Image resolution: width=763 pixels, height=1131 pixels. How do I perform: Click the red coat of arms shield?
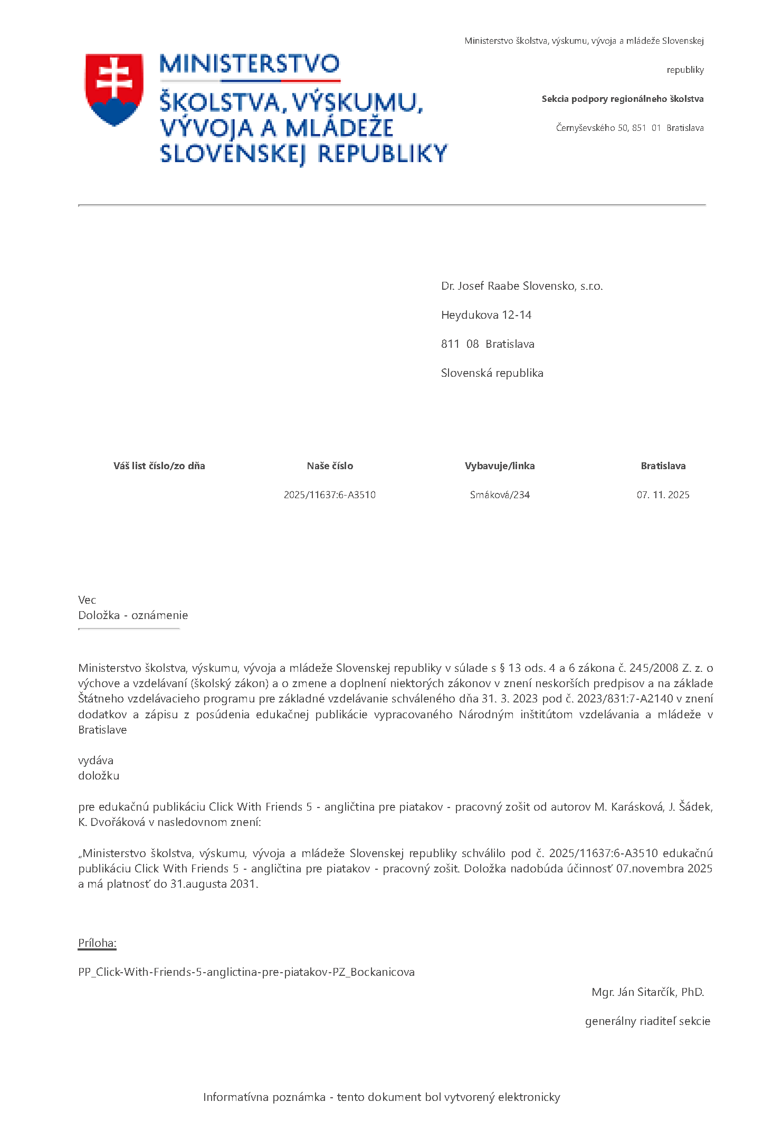(114, 88)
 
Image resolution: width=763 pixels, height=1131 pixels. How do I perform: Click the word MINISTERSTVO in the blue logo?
(249, 64)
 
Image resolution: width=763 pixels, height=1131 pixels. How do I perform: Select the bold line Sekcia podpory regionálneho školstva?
(622, 99)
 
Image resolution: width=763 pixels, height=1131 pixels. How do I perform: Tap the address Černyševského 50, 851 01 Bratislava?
(630, 128)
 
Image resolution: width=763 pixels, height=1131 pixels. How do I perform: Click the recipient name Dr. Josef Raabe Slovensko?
(521, 286)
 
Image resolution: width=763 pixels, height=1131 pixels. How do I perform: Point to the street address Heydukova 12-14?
(486, 315)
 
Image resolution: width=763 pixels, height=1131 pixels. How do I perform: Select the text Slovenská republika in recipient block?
(492, 373)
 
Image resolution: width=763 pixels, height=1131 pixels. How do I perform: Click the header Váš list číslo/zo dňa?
(159, 466)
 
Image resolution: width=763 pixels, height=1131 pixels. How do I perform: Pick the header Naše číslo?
(330, 466)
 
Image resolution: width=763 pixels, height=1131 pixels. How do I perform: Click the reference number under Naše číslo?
(330, 495)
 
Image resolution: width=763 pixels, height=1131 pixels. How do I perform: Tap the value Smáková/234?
(500, 495)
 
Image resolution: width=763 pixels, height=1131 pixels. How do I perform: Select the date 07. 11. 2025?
(663, 495)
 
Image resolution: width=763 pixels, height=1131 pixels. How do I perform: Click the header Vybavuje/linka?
(500, 466)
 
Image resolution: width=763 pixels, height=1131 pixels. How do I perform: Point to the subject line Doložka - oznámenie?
(133, 615)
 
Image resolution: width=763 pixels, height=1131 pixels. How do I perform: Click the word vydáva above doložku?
(96, 761)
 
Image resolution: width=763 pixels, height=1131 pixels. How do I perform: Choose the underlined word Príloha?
(97, 943)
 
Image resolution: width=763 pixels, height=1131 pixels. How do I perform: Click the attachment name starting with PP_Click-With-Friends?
(246, 972)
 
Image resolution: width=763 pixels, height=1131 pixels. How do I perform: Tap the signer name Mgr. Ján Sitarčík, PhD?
(647, 992)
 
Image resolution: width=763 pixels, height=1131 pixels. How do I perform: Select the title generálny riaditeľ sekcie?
(647, 1021)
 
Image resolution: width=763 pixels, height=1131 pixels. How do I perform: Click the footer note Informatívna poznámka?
(381, 1097)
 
